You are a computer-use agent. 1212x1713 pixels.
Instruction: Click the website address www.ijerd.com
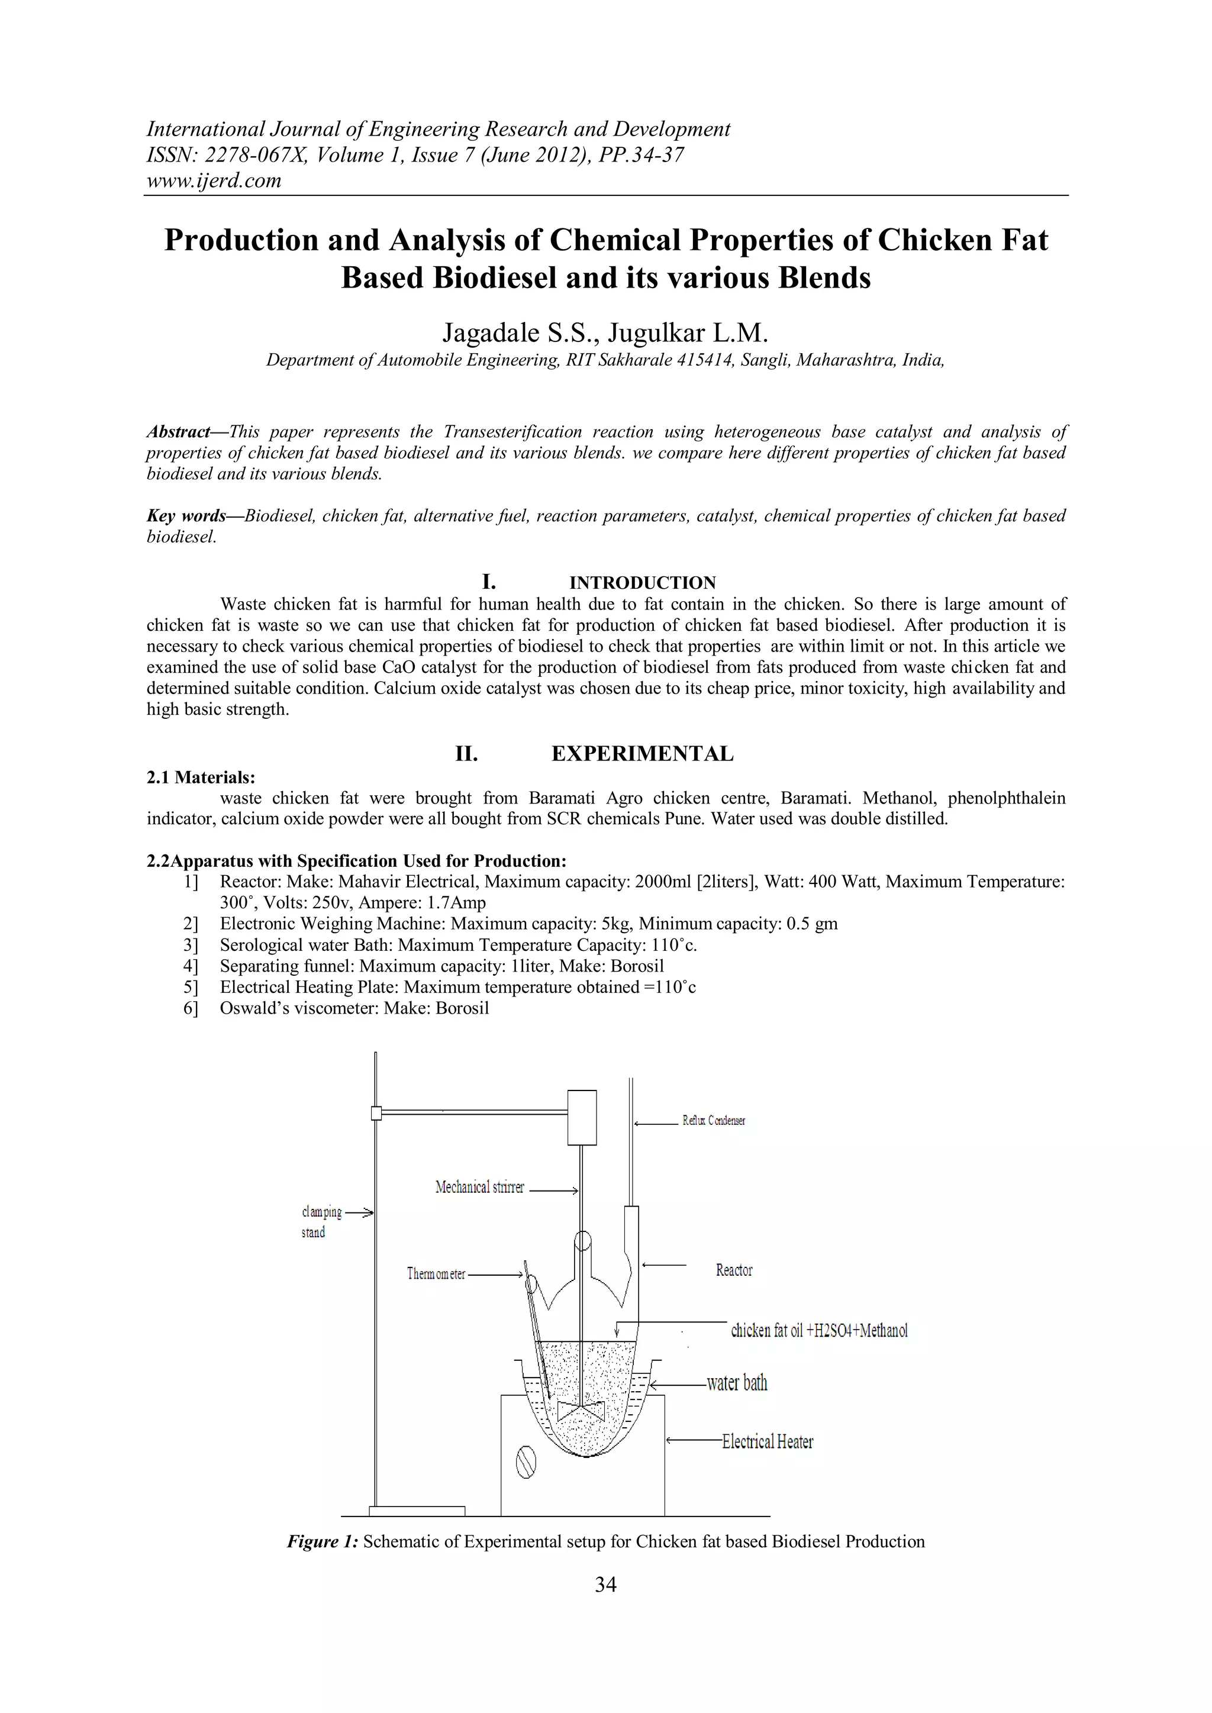(x=214, y=180)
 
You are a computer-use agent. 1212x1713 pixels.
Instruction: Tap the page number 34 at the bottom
(x=605, y=1584)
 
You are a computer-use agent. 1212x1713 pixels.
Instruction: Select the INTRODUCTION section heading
(x=642, y=583)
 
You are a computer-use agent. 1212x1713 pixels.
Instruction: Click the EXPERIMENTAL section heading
(x=642, y=754)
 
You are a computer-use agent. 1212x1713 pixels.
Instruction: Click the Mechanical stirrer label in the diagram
(x=480, y=1187)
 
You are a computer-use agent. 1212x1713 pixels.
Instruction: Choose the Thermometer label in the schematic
(x=436, y=1273)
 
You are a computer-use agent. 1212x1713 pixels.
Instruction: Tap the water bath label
(x=737, y=1382)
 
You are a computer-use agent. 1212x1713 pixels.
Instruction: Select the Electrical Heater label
(x=767, y=1441)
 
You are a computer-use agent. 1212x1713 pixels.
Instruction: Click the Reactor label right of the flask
(x=734, y=1270)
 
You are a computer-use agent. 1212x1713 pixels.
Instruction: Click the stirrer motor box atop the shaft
(x=582, y=1117)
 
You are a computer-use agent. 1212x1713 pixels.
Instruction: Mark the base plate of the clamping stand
(x=417, y=1511)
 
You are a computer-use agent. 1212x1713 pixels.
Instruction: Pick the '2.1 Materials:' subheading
(x=201, y=778)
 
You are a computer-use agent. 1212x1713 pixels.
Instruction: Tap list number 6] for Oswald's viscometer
(x=191, y=1008)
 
